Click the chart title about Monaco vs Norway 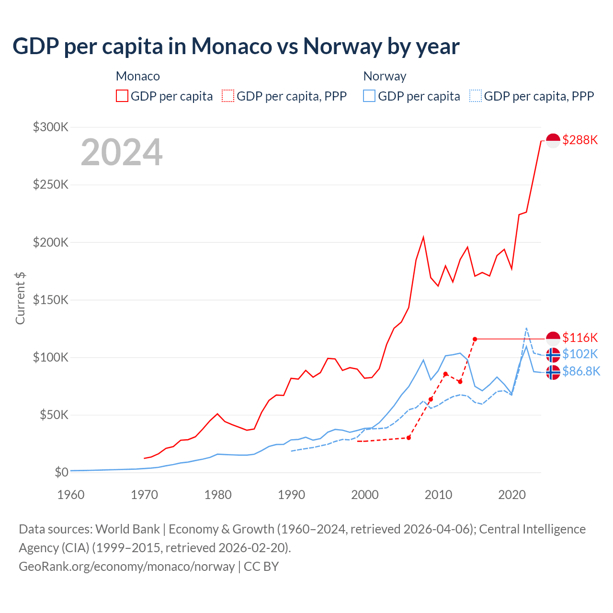(236, 46)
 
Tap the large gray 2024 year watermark (122, 152)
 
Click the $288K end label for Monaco (580, 140)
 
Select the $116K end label (580, 338)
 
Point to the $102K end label (580, 354)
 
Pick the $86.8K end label (581, 371)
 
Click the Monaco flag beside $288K (553, 141)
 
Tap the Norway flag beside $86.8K (553, 372)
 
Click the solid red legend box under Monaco (122, 96)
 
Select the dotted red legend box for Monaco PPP (228, 96)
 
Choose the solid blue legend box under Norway (369, 96)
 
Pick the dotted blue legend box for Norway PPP (476, 96)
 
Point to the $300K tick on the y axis (51, 127)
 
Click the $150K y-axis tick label (51, 300)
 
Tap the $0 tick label (61, 472)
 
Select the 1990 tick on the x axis (292, 495)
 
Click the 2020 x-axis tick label (512, 495)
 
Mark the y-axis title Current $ (20, 298)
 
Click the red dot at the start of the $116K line (475, 339)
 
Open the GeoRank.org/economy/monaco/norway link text (127, 567)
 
